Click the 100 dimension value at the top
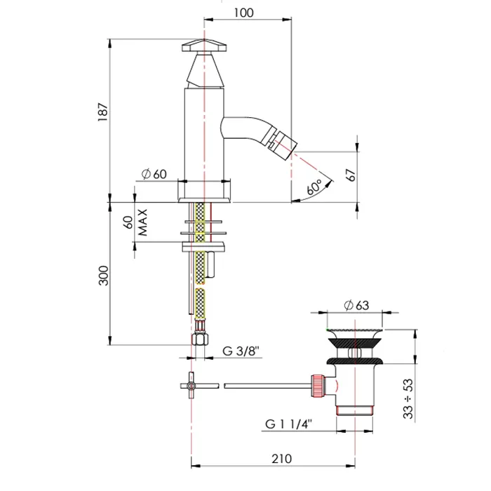pos(243,13)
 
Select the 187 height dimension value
pos(103,112)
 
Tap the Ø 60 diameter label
pos(154,174)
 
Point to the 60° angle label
pos(314,187)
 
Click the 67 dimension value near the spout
pos(351,175)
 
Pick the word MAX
pos(142,222)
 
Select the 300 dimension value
pos(104,276)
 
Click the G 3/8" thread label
pos(241,351)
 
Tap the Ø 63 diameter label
pos(356,305)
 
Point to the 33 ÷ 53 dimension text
pos(408,398)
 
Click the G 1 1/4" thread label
pos(288,424)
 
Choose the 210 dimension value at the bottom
pos(281,459)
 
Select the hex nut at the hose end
pos(200,339)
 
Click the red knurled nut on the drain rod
pos(318,386)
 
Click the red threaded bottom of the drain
pos(354,410)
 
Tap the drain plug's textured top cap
pos(354,330)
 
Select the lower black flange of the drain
pos(355,361)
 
